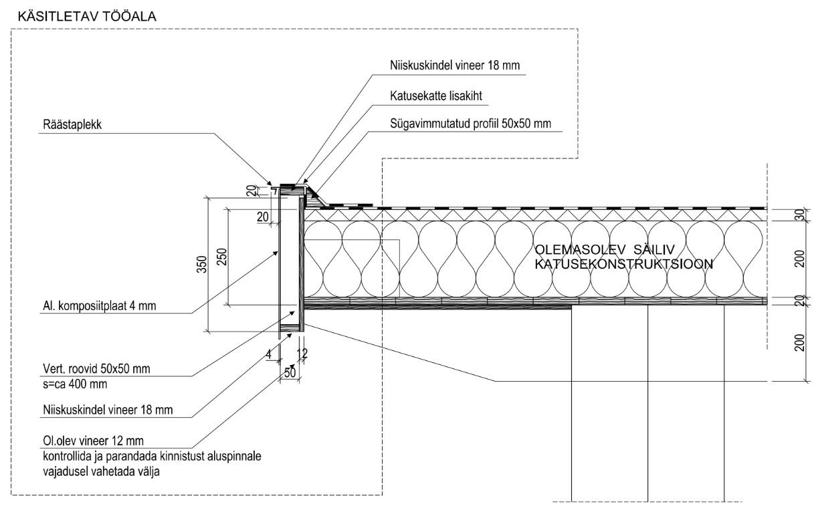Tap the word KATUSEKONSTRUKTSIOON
(623, 264)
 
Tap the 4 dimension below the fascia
(268, 355)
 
